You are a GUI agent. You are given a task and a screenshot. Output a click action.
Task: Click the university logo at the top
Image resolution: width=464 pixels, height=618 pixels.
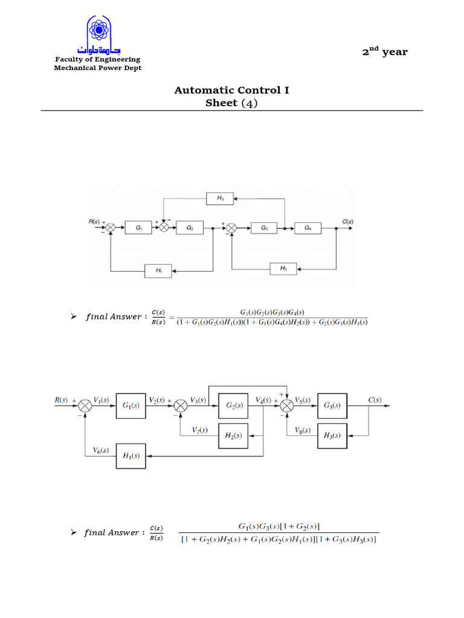(x=98, y=35)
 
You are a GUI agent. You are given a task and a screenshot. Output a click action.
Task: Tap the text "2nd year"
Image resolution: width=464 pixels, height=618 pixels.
(x=385, y=52)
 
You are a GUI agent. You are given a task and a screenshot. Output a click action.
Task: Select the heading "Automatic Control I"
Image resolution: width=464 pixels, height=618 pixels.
(x=231, y=91)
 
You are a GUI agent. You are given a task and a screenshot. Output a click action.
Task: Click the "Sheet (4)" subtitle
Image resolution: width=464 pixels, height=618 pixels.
(x=231, y=103)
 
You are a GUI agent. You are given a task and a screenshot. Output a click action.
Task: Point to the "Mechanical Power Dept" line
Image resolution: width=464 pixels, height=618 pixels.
(x=98, y=68)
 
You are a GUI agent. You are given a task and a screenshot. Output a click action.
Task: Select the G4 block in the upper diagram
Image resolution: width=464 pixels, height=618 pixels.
(x=308, y=228)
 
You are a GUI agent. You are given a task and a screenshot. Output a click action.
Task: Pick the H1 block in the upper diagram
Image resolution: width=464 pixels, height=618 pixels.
(x=159, y=271)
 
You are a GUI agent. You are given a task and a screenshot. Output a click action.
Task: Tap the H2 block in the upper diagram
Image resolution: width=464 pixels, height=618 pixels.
(x=283, y=268)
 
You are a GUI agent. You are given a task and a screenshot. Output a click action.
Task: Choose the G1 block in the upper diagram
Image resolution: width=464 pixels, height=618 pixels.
(x=139, y=228)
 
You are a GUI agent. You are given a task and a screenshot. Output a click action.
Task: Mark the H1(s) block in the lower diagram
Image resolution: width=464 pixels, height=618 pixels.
(x=131, y=456)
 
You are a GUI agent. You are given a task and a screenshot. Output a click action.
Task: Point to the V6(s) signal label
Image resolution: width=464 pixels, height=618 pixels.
(x=101, y=450)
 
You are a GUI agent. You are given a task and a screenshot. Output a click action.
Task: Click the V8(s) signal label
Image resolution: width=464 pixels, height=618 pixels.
(x=303, y=430)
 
